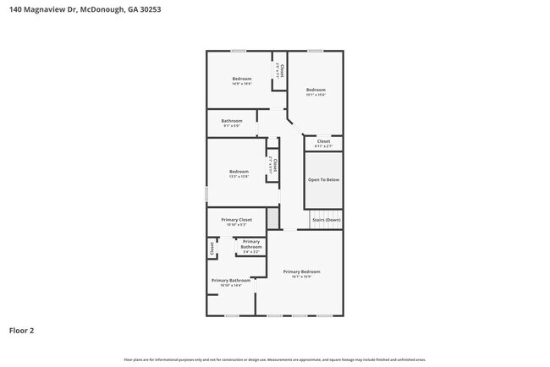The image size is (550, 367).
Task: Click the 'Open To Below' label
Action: coord(323,179)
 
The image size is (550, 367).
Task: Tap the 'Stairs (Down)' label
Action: coord(326,220)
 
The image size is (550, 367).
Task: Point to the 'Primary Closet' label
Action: coord(237,220)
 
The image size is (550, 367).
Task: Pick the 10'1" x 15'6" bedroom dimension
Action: coord(316,95)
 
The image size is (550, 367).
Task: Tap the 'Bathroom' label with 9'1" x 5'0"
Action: coord(232,126)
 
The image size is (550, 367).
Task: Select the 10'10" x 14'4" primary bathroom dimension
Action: coord(231,285)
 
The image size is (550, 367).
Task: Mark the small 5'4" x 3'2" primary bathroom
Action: coord(251,246)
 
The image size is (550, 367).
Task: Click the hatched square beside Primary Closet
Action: coord(272,218)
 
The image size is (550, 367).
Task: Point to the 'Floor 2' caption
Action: coord(22,331)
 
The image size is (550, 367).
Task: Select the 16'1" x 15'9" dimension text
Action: coord(302,277)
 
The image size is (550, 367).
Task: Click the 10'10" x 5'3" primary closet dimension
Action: coord(237,225)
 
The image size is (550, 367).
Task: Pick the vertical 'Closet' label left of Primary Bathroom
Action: coord(212,249)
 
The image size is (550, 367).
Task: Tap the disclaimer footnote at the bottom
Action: coord(275,359)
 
